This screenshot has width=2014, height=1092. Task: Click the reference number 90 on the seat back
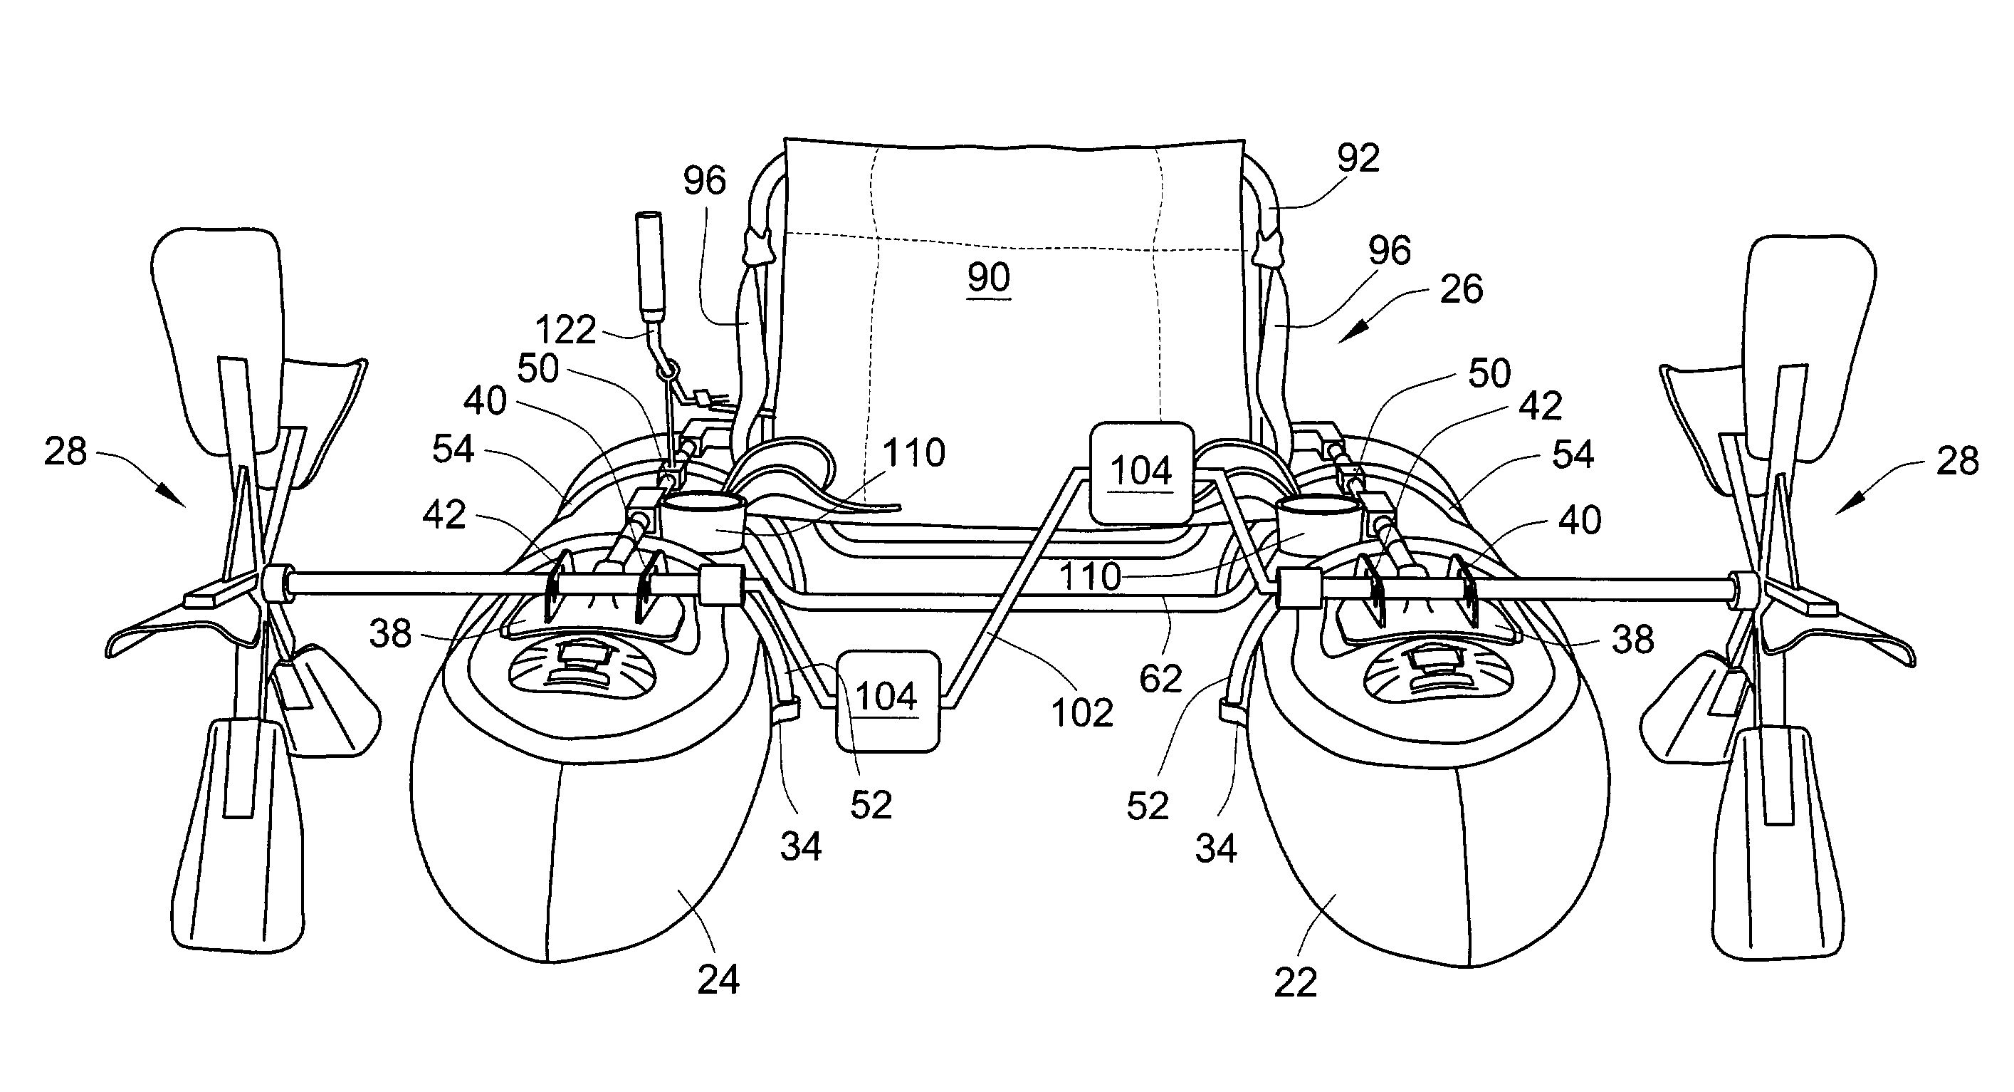[989, 277]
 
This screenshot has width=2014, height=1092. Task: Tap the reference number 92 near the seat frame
[1358, 158]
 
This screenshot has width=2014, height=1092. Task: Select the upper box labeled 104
[1141, 472]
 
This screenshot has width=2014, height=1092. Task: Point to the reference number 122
[566, 329]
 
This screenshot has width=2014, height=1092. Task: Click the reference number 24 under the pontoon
[718, 979]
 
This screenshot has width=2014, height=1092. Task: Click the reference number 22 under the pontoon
[1296, 982]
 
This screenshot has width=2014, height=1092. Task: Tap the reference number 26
[1462, 289]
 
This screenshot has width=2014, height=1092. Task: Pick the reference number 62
[1161, 678]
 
